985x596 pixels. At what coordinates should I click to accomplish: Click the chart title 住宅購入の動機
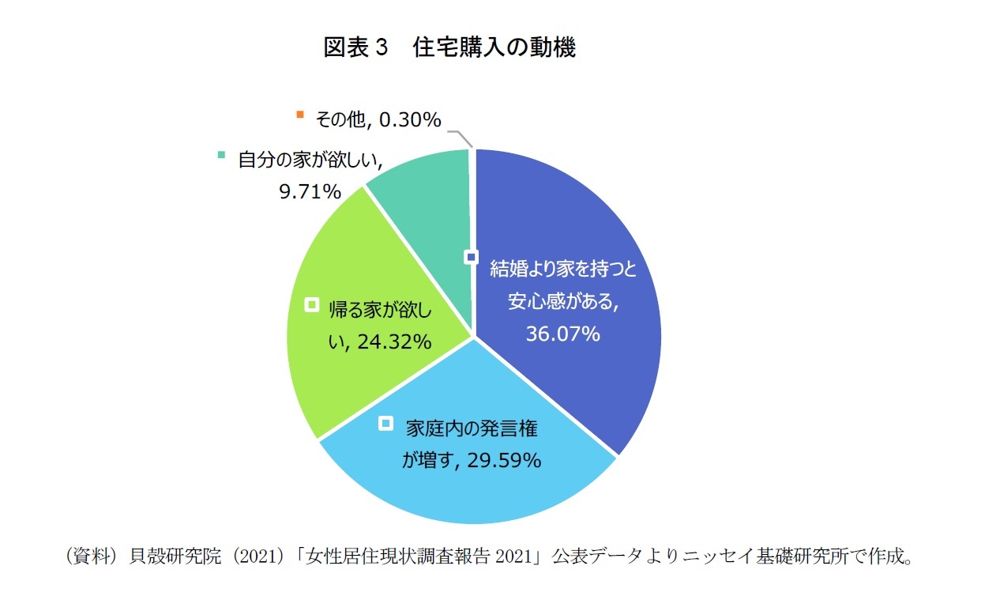click(494, 48)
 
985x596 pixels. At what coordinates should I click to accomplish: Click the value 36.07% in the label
click(562, 335)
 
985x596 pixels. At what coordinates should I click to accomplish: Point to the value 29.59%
click(502, 460)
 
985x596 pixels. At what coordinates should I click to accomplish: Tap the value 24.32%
click(393, 342)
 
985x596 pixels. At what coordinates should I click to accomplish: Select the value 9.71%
click(309, 191)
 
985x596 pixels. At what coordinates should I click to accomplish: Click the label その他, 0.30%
click(378, 119)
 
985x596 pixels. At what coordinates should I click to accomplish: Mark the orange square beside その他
click(299, 115)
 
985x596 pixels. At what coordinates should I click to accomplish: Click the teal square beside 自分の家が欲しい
click(222, 154)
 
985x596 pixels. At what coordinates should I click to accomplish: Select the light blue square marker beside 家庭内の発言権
click(385, 424)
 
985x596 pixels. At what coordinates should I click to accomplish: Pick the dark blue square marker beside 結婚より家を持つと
click(472, 257)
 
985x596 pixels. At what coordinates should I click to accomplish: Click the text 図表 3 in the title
click(356, 48)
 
